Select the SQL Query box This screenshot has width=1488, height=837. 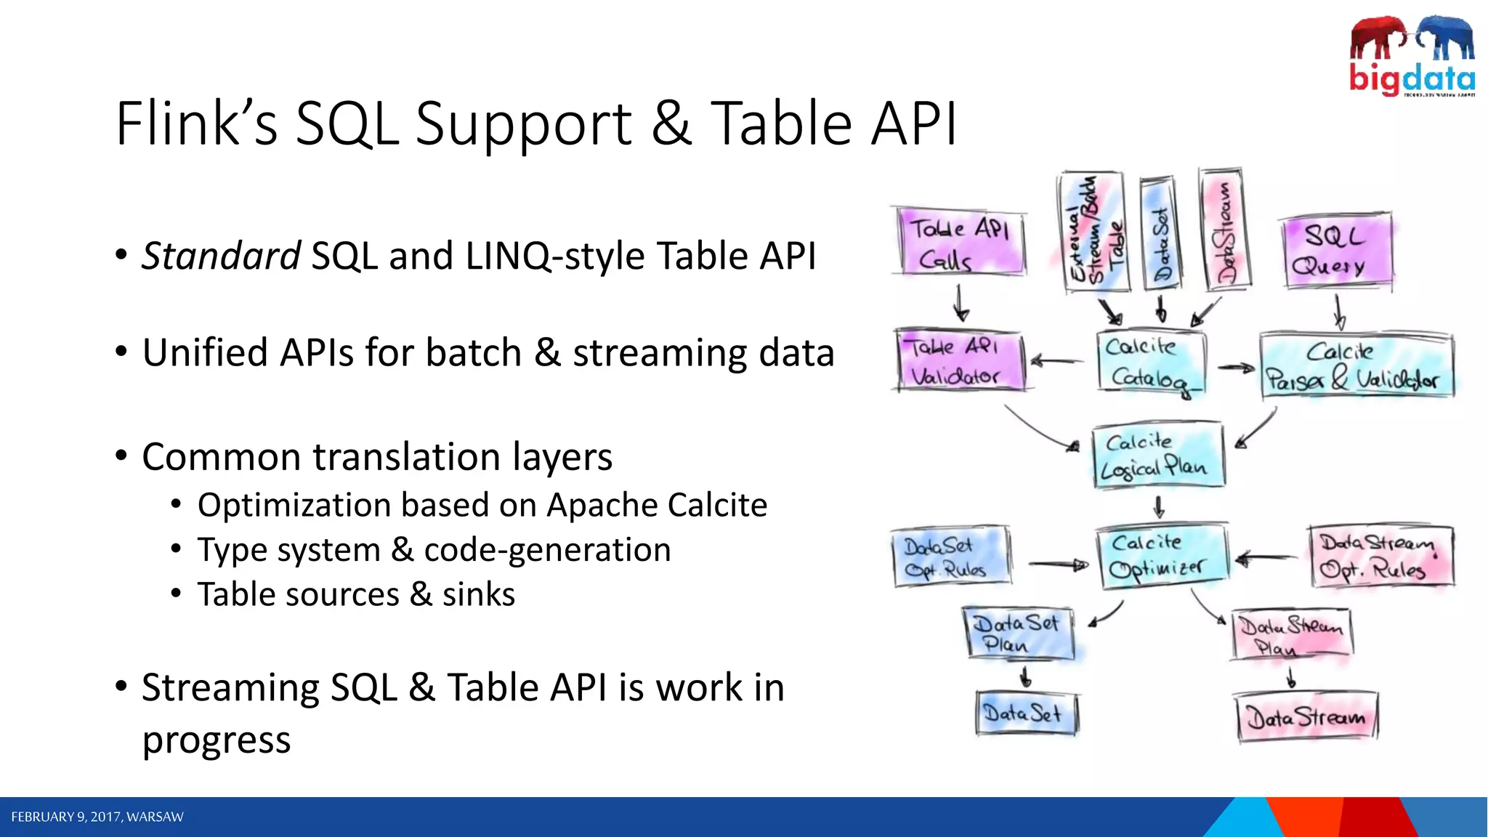coord(1337,251)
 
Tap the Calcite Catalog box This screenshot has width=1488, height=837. coord(1150,362)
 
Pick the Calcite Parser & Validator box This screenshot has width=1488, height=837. coord(1356,365)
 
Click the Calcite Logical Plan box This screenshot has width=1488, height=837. coord(1157,456)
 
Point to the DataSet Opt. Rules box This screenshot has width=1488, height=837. coord(950,557)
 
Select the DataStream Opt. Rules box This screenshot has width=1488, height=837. coord(1380,557)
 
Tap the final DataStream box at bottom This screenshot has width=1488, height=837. coord(1306,717)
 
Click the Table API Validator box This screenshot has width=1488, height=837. coord(959,362)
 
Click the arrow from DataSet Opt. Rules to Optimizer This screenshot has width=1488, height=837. coord(1058,565)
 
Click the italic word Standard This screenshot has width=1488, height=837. coord(221,256)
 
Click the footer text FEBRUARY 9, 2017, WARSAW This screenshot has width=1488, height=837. coord(97,817)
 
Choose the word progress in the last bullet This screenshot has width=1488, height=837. coord(217,740)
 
